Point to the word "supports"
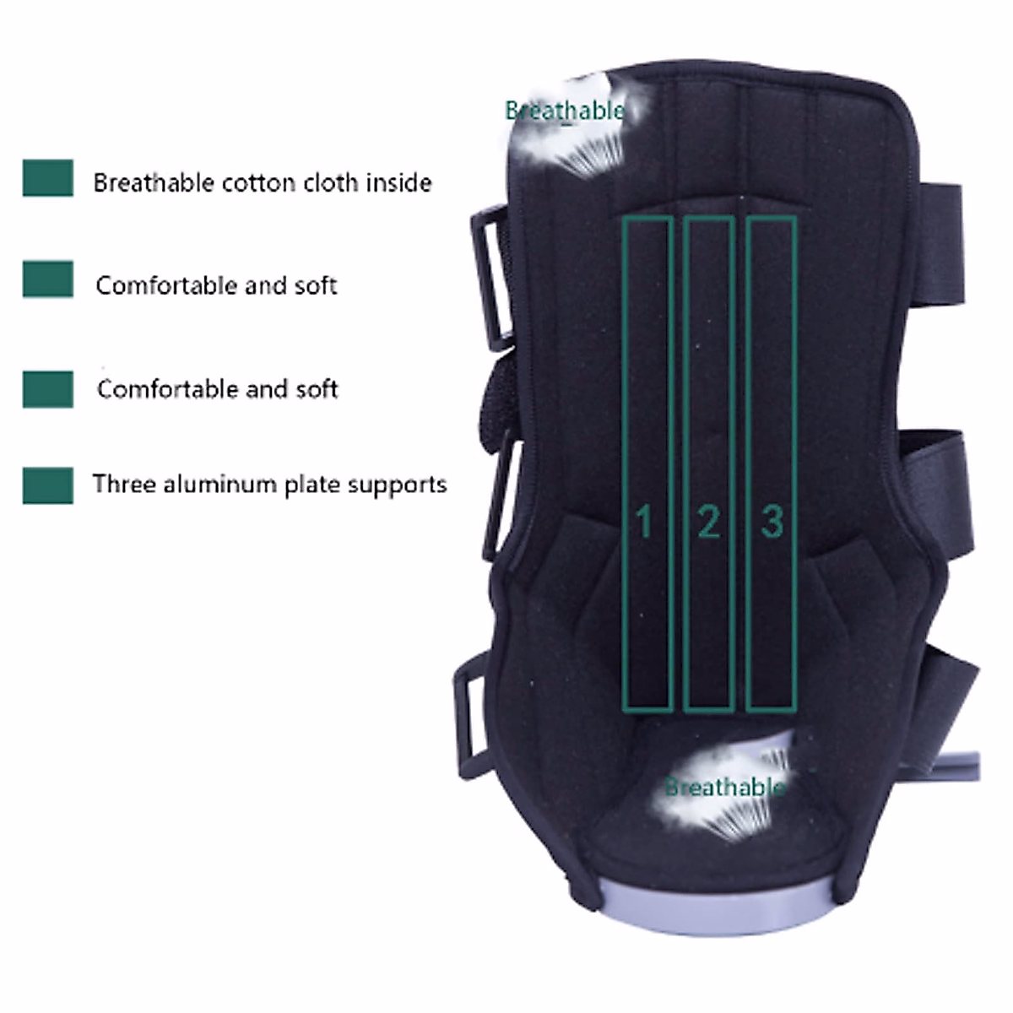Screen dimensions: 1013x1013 tap(397, 485)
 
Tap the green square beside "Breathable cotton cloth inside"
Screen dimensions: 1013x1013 tap(48, 178)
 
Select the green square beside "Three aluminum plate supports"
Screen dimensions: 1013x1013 tap(48, 486)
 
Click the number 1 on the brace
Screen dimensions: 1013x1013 tap(644, 522)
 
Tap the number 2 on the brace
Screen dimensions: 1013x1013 tap(708, 522)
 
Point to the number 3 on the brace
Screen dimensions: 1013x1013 tap(772, 521)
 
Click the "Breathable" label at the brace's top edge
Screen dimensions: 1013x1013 tap(565, 111)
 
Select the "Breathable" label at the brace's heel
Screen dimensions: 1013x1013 tap(724, 788)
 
